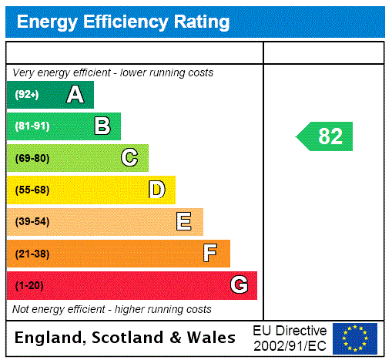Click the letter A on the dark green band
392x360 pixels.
[x=75, y=95]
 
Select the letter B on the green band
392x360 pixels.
[x=102, y=126]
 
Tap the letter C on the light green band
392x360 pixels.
[x=129, y=158]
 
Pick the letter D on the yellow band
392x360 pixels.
[x=156, y=190]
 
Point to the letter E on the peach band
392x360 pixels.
[x=183, y=222]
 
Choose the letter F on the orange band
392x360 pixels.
[x=209, y=254]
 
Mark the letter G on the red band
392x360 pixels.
[x=239, y=285]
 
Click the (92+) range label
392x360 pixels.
[x=27, y=95]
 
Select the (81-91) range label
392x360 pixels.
[x=32, y=126]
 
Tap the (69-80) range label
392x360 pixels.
[x=32, y=158]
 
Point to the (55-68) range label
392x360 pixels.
[x=32, y=190]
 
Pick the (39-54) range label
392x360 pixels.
[x=32, y=222]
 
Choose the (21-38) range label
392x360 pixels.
[x=32, y=254]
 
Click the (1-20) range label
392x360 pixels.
[x=29, y=285]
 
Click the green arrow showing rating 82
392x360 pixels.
[x=326, y=136]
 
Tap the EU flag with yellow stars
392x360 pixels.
[x=355, y=338]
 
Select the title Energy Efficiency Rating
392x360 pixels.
[x=123, y=22]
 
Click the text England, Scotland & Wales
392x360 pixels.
[x=126, y=338]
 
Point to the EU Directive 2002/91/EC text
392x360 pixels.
[x=290, y=338]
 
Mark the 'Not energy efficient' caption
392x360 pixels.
[x=112, y=309]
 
